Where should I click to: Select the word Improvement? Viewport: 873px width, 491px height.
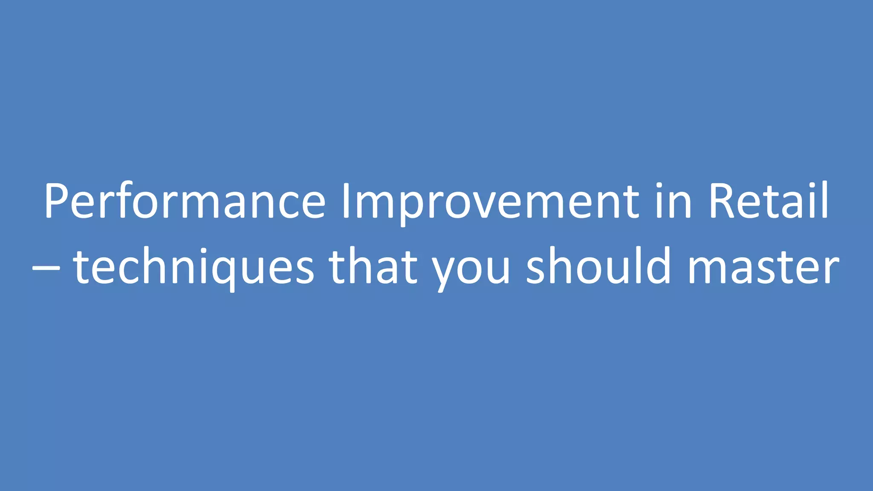pos(490,201)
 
